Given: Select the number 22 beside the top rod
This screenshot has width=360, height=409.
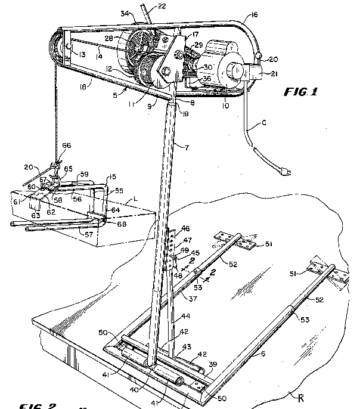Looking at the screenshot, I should pyautogui.click(x=145, y=7).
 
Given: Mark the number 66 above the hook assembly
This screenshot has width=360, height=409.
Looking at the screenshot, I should pyautogui.click(x=66, y=145).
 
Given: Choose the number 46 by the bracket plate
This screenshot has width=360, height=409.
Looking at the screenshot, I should pyautogui.click(x=185, y=228).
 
